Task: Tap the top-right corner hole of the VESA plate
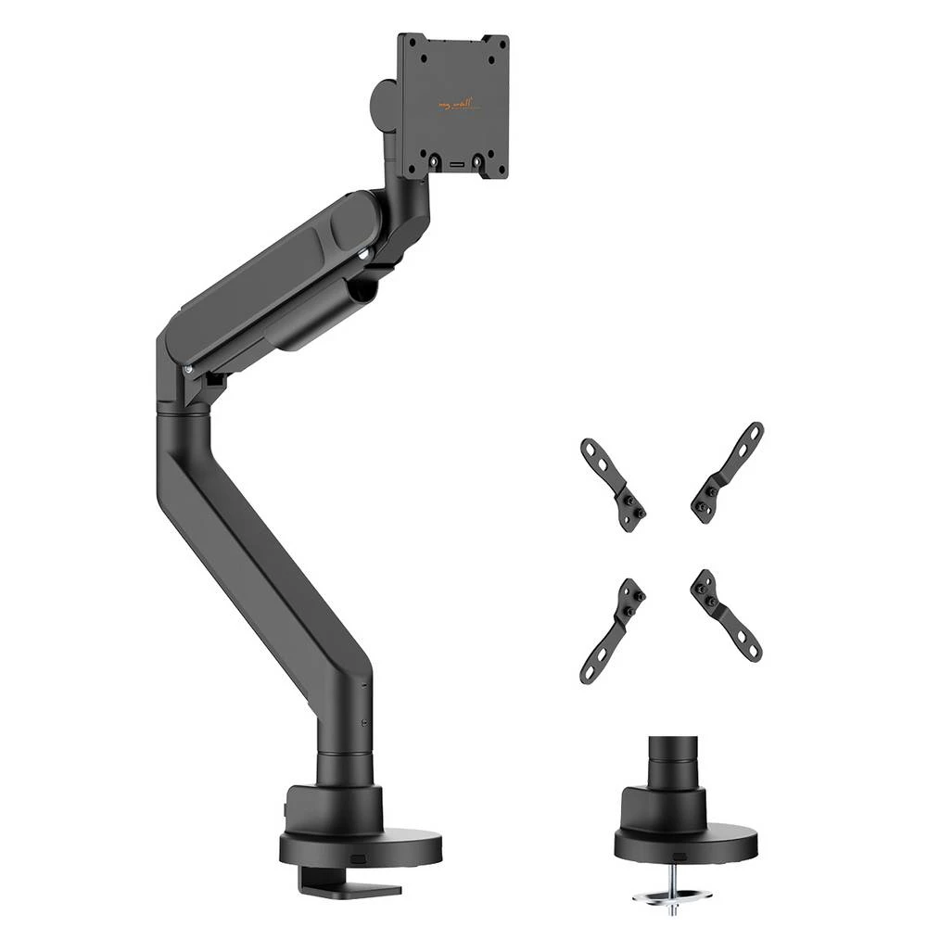point(499,45)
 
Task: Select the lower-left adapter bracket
point(613,630)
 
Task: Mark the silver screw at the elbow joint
point(189,369)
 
